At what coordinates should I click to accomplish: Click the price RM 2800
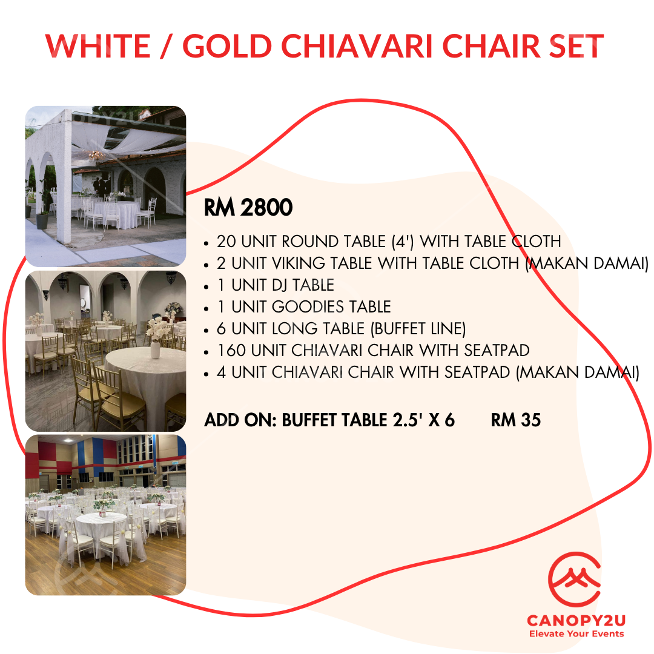248,207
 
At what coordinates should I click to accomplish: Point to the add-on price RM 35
515,420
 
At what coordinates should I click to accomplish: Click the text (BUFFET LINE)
418,329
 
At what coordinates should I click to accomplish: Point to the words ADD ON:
240,420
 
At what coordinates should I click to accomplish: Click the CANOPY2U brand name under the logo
576,621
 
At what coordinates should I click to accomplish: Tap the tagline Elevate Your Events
576,634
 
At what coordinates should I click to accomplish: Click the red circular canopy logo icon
574,580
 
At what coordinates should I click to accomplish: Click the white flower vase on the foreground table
155,349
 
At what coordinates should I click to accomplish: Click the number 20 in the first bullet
226,242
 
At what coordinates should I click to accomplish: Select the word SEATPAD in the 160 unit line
497,351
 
